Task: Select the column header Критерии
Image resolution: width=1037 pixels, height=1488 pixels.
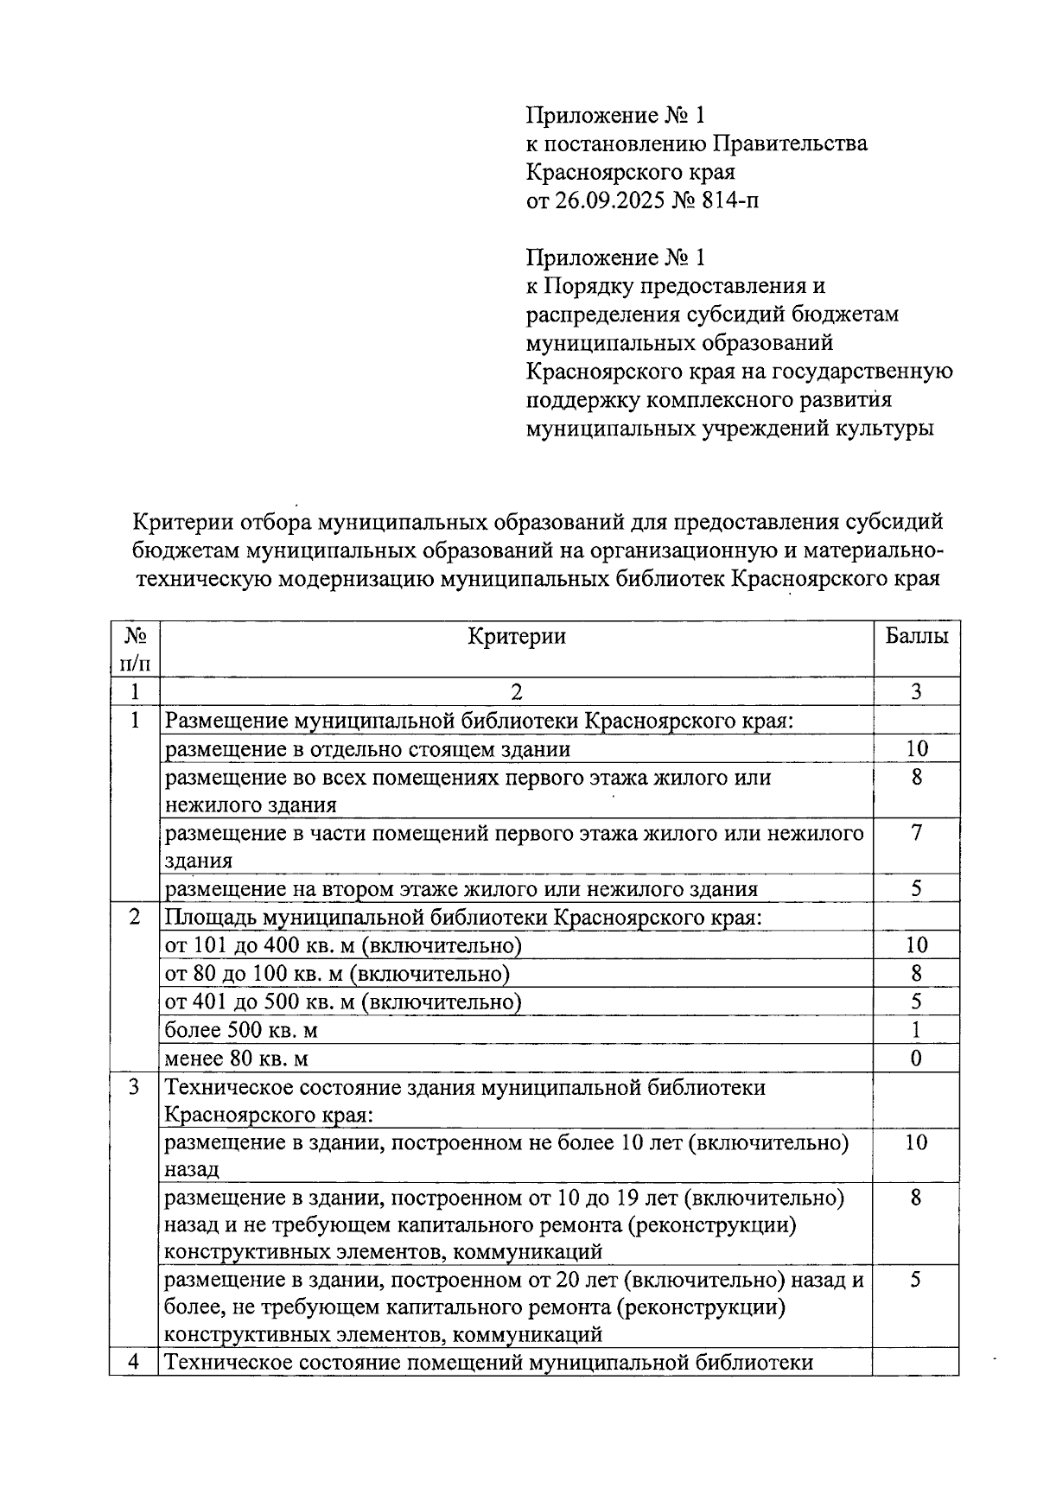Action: [x=516, y=637]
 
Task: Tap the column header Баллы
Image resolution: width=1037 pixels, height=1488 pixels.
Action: [x=916, y=637]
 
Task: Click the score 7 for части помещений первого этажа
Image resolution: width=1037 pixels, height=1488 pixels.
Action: [x=916, y=833]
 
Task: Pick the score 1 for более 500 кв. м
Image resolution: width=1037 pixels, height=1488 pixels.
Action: [x=916, y=1030]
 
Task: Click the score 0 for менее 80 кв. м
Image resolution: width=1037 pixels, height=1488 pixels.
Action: [x=916, y=1059]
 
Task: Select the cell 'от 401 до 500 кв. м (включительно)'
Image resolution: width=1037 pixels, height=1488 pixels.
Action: [x=343, y=1002]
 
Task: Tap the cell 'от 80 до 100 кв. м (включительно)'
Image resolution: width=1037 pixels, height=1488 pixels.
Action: [x=337, y=974]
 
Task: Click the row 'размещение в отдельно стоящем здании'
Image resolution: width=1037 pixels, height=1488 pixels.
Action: [x=367, y=749]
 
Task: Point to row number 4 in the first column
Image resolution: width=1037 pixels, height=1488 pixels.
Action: [x=134, y=1363]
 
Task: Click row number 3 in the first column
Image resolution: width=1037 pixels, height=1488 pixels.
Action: [x=134, y=1087]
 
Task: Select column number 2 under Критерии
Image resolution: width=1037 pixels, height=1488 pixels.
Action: [x=516, y=691]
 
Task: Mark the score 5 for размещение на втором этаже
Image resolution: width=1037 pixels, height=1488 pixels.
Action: [x=916, y=889]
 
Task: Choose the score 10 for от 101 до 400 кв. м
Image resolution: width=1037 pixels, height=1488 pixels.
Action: [x=916, y=945]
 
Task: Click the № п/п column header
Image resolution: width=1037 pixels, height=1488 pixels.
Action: [x=134, y=649]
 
